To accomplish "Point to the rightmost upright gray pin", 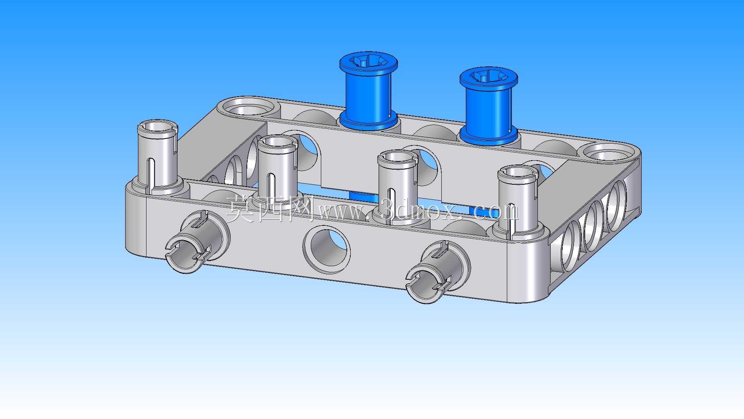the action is point(517,200).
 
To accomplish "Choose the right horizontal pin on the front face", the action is point(438,271).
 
